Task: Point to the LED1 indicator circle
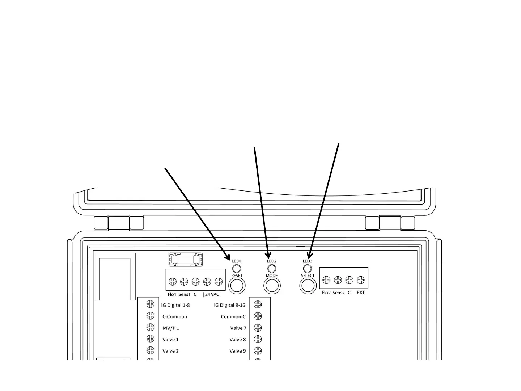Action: coord(236,269)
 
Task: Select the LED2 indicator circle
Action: coord(271,269)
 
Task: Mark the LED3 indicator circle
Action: coord(307,269)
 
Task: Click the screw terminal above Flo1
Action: coord(173,282)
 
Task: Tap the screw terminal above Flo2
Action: coord(326,280)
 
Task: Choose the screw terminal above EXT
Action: coord(361,280)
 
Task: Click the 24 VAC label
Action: coord(212,294)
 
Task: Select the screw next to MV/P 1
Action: coord(150,327)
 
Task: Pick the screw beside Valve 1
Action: coord(150,339)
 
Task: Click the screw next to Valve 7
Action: coord(258,328)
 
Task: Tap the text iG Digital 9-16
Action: coord(229,305)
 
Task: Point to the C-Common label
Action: coord(175,316)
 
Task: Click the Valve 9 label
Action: coord(237,351)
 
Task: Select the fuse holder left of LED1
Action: coord(185,259)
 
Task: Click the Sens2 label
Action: coord(339,293)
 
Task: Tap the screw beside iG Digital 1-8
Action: coord(150,305)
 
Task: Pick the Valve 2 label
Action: coord(170,351)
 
